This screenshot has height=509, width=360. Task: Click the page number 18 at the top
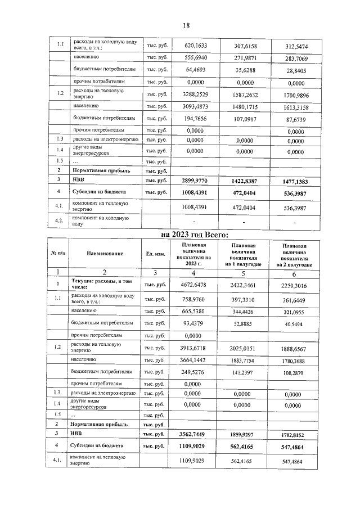pyautogui.click(x=186, y=26)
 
